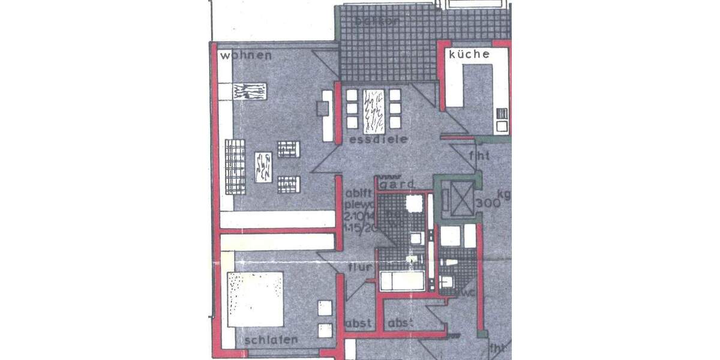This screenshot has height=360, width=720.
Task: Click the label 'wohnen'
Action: [x=246, y=56]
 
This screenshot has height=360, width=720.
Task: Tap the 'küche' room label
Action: [x=469, y=54]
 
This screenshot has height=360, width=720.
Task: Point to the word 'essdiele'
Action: [x=378, y=139]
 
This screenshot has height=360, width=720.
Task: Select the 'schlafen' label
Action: [x=271, y=340]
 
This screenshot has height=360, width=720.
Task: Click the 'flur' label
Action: [x=361, y=267]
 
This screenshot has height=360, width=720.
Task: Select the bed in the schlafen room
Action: [x=254, y=299]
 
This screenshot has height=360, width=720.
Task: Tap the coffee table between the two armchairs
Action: [x=263, y=167]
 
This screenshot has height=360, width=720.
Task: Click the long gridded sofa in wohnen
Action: [x=236, y=166]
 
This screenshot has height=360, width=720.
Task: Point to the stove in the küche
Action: [x=502, y=121]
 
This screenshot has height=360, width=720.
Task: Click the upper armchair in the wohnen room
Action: [x=288, y=149]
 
